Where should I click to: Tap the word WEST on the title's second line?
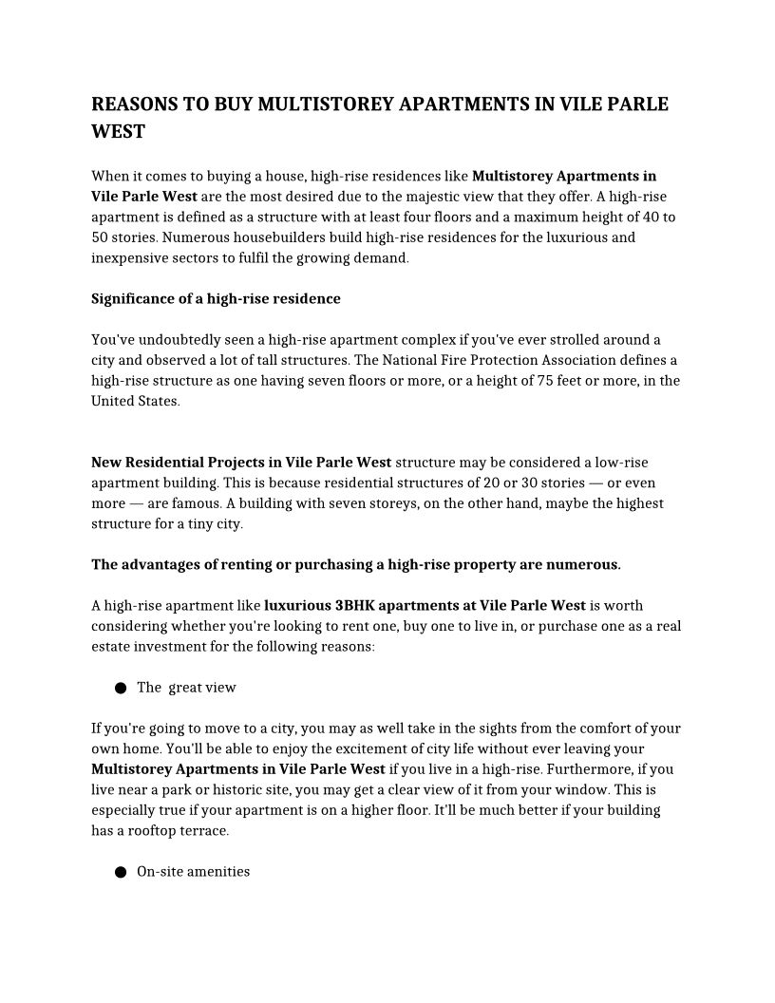tap(118, 132)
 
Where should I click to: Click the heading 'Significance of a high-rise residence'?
tap(216, 299)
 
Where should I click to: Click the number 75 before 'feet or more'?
tap(553, 381)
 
